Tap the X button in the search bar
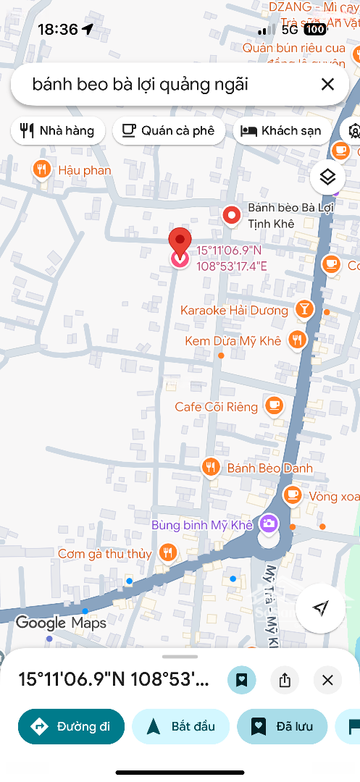pyautogui.click(x=327, y=85)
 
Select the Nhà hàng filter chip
pyautogui.click(x=58, y=131)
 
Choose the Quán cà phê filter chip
pyautogui.click(x=169, y=131)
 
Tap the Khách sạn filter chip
pyautogui.click(x=282, y=131)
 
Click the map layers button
pyautogui.click(x=328, y=177)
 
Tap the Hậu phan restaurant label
pyautogui.click(x=84, y=170)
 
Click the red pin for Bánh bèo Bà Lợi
pyautogui.click(x=231, y=215)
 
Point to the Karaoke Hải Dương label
pyautogui.click(x=234, y=311)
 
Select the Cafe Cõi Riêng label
pyautogui.click(x=216, y=407)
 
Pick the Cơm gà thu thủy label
pyautogui.click(x=105, y=554)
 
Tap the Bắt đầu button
pyautogui.click(x=181, y=726)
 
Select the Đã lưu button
pyautogui.click(x=282, y=726)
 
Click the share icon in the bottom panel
pyautogui.click(x=285, y=680)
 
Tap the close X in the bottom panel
pyautogui.click(x=327, y=680)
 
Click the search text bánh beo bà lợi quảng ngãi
pyautogui.click(x=141, y=85)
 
